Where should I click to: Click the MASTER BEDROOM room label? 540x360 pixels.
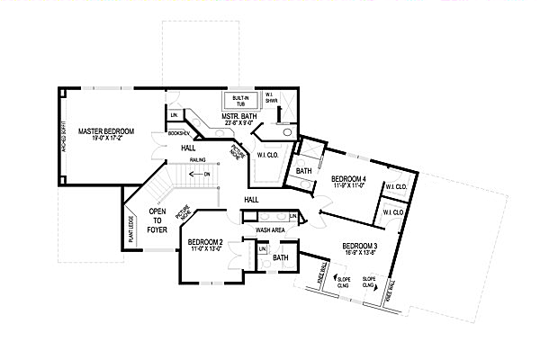click(x=106, y=132)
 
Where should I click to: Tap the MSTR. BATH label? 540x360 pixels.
click(x=240, y=116)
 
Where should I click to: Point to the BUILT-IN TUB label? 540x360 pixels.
click(x=240, y=100)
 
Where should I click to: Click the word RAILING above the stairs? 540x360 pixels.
click(x=198, y=161)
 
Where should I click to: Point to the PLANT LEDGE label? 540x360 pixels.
click(x=131, y=229)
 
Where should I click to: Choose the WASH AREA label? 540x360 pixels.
click(x=271, y=230)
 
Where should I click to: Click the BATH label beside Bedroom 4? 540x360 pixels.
click(x=303, y=171)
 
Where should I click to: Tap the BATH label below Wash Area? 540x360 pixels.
click(x=280, y=257)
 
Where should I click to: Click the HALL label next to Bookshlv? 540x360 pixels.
click(x=187, y=148)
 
